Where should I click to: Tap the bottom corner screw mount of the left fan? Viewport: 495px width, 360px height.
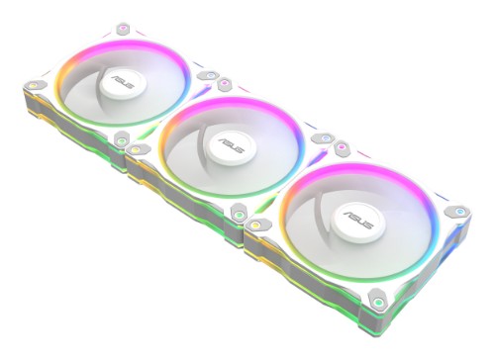[x=122, y=141]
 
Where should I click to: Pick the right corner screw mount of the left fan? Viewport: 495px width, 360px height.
[x=210, y=74]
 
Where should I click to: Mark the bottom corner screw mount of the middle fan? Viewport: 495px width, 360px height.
[x=238, y=211]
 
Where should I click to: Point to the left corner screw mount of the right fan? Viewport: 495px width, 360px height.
[x=256, y=225]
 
